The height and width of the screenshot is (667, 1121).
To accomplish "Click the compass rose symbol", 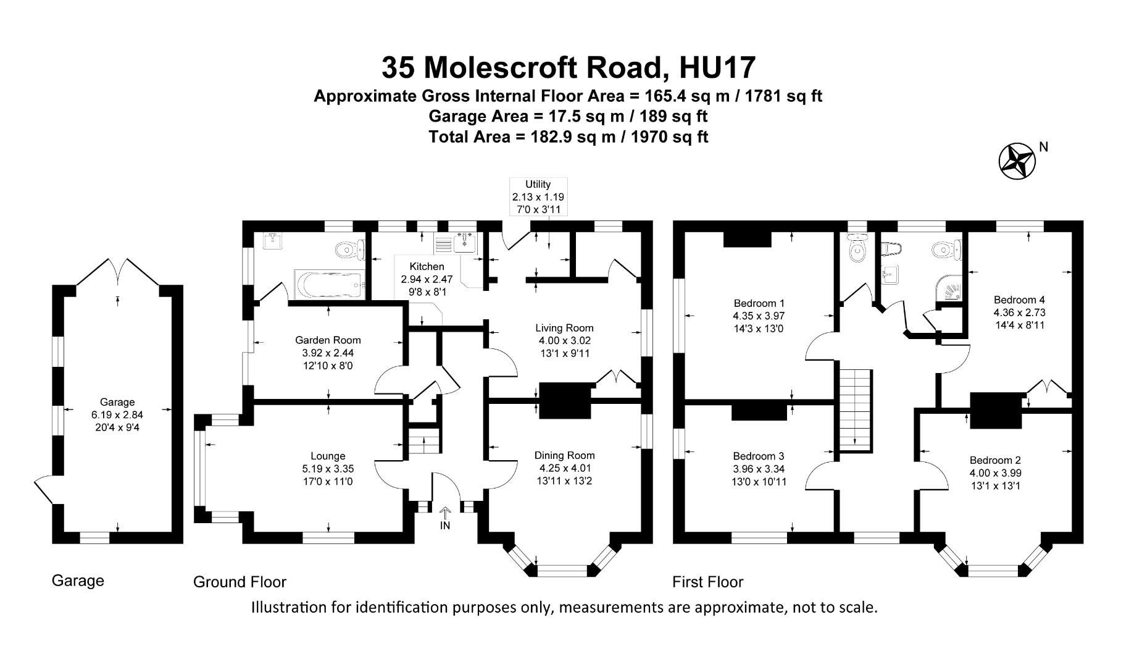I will pyautogui.click(x=1017, y=161).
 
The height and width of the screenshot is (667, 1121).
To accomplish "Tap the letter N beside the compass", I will pyautogui.click(x=1044, y=147).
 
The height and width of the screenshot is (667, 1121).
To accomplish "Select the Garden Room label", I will pyautogui.click(x=328, y=340).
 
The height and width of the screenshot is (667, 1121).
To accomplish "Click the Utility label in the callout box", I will pyautogui.click(x=538, y=184).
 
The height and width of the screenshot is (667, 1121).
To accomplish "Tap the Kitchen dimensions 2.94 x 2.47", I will pyautogui.click(x=427, y=279).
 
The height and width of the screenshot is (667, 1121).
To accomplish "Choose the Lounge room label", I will pyautogui.click(x=328, y=456).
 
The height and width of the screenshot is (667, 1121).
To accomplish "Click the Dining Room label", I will pyautogui.click(x=564, y=456).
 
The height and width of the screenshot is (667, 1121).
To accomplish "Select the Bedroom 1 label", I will pyautogui.click(x=759, y=303).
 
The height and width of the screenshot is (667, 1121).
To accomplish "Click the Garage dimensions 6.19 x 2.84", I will pyautogui.click(x=117, y=414).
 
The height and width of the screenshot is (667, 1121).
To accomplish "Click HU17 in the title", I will pyautogui.click(x=717, y=67).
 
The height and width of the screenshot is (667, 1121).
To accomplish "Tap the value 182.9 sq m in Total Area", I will pyautogui.click(x=565, y=136).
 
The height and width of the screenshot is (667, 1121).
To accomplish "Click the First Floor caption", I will pyautogui.click(x=707, y=582).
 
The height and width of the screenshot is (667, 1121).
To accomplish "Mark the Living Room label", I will pyautogui.click(x=564, y=328).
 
